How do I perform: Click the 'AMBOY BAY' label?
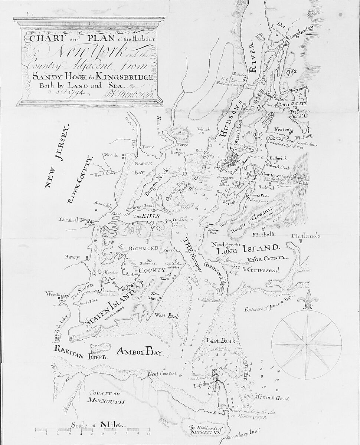point(139,352)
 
